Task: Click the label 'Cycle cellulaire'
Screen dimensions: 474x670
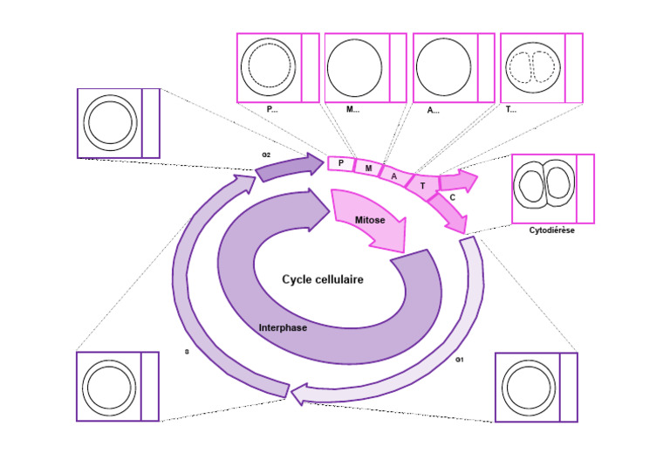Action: tap(322, 279)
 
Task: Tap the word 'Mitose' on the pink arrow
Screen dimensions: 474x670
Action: tap(370, 222)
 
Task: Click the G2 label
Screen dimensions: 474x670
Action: tap(266, 154)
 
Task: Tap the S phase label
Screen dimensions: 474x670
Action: tap(186, 352)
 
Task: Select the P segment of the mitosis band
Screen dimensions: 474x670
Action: tap(340, 163)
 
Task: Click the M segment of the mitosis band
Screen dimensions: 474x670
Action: tap(367, 168)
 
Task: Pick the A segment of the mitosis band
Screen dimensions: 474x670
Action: tap(394, 176)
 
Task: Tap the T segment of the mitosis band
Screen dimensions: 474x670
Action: tap(422, 185)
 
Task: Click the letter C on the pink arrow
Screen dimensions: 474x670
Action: tap(452, 198)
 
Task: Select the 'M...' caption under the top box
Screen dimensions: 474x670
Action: tap(352, 110)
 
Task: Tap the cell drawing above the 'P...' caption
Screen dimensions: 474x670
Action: tap(269, 67)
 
